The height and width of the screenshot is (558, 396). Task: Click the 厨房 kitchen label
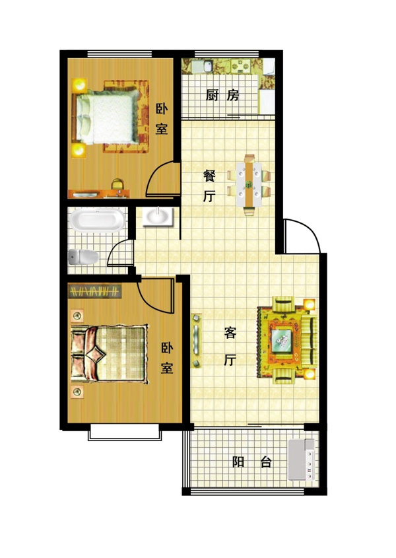222,95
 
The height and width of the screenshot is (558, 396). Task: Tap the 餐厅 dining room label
209,186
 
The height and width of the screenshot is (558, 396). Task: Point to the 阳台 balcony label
251,462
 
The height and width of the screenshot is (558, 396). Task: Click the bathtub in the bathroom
97,221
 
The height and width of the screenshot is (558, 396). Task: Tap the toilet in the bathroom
83,257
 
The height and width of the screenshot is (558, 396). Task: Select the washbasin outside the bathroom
158,217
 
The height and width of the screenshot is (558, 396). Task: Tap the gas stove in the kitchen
242,67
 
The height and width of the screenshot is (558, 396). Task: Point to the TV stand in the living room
197,340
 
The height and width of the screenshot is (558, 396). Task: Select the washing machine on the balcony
301,460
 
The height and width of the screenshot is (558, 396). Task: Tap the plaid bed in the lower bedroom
109,354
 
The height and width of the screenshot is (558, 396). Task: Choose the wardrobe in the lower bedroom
94,291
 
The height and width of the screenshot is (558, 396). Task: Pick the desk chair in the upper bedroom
117,184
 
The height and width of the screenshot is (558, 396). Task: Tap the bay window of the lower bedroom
125,432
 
